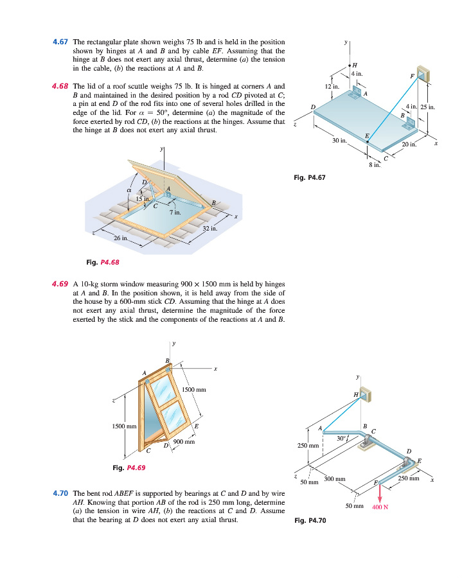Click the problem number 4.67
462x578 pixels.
[x=61, y=42]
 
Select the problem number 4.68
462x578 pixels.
[x=61, y=85]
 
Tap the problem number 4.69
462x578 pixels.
[x=61, y=283]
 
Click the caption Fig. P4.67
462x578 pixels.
[x=309, y=178]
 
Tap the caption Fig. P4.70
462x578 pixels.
[x=310, y=520]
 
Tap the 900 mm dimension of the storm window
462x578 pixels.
[x=184, y=442]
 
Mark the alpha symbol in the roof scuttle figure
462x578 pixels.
[x=129, y=190]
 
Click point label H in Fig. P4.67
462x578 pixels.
[x=354, y=66]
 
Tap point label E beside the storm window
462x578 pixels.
[x=196, y=426]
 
